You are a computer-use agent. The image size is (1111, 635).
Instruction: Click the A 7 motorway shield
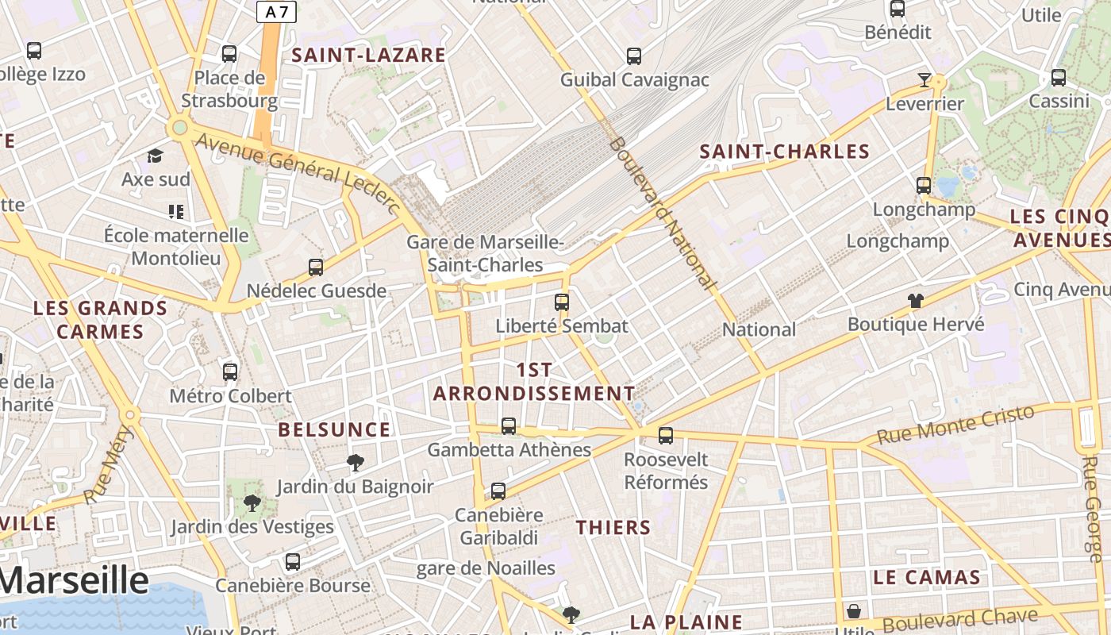(x=276, y=11)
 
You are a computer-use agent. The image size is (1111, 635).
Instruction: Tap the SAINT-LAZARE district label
(x=369, y=55)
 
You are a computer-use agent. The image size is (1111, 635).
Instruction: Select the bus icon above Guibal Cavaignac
(x=633, y=56)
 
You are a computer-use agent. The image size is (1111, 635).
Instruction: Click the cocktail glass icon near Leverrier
(x=924, y=79)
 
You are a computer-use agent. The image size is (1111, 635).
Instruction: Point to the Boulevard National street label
(x=662, y=212)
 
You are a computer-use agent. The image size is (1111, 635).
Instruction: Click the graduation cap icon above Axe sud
(x=156, y=156)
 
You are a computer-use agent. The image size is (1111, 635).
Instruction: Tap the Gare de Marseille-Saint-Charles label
(x=485, y=253)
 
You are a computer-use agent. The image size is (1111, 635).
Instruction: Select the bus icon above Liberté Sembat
(x=562, y=302)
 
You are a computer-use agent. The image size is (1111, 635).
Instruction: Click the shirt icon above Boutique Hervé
(x=916, y=301)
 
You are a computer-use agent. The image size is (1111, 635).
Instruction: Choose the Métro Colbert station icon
(x=230, y=371)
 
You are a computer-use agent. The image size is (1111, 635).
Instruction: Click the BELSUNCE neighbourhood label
(x=334, y=429)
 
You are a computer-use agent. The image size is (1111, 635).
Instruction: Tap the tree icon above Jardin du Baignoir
(x=356, y=462)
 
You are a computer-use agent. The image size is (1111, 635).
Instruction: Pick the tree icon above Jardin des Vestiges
(x=252, y=502)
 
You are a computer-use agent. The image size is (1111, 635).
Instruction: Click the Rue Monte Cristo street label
(x=956, y=425)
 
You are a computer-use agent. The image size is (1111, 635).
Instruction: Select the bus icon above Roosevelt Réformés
(x=666, y=436)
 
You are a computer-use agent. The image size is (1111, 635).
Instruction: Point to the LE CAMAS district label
(x=927, y=577)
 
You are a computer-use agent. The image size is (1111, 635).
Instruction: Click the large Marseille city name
(x=74, y=581)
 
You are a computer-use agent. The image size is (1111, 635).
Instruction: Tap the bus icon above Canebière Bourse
(x=293, y=562)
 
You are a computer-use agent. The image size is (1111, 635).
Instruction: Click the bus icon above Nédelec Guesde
(x=316, y=267)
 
